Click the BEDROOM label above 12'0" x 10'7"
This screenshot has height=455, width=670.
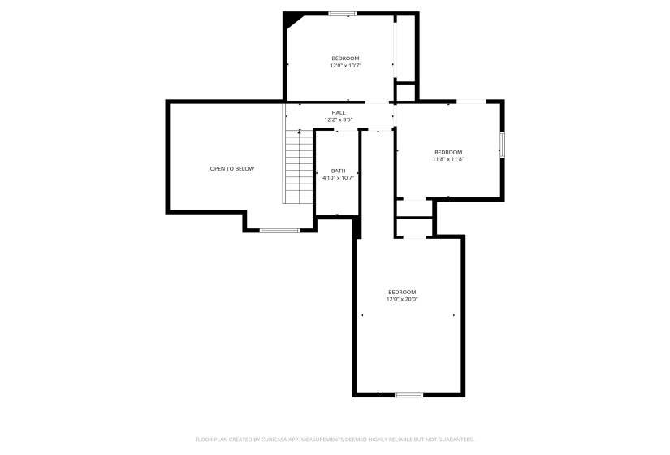point(345,58)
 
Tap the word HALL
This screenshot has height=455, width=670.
point(339,112)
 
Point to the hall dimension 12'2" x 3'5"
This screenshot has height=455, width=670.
point(339,119)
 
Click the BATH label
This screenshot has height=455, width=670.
point(338,171)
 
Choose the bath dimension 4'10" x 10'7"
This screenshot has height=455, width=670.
point(338,177)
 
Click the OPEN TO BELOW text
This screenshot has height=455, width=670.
point(232,168)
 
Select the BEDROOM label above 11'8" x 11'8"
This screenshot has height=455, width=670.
point(448,152)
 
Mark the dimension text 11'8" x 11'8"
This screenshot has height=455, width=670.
point(448,159)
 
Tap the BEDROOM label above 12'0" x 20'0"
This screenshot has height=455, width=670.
point(402,292)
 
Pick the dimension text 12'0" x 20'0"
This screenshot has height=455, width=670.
point(402,299)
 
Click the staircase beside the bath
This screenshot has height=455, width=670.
point(298,167)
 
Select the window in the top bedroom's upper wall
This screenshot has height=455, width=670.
point(342,13)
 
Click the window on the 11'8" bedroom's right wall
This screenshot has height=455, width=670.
point(502,144)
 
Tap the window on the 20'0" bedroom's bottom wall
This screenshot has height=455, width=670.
point(409,395)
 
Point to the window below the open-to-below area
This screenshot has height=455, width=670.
point(279,231)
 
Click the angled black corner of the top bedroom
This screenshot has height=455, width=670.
point(290,19)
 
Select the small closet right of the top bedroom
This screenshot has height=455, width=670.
point(405,92)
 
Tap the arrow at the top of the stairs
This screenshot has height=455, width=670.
point(300,132)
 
